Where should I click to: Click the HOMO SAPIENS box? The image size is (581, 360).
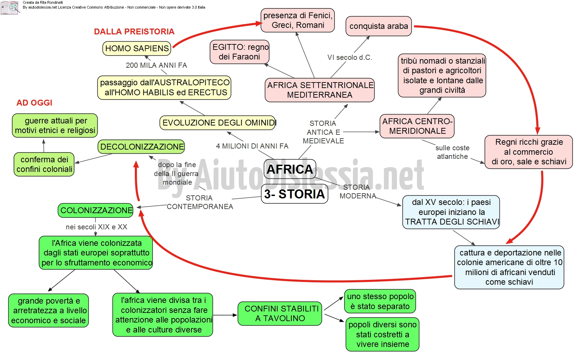[x=137, y=48]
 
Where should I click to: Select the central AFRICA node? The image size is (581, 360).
[x=290, y=169]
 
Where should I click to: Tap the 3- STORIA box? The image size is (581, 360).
[x=294, y=194]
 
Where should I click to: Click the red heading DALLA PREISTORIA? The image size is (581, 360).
[x=134, y=32]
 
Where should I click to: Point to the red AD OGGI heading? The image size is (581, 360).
[x=34, y=103]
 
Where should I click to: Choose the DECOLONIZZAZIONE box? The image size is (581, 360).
[x=141, y=147]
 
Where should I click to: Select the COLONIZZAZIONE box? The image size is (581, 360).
[x=96, y=210]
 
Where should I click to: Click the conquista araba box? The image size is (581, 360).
[x=379, y=26]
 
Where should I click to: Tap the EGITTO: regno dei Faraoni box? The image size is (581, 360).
[x=240, y=52]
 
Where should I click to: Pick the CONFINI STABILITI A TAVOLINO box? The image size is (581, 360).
[x=280, y=313]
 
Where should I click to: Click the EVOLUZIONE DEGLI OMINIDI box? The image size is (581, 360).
[x=218, y=123]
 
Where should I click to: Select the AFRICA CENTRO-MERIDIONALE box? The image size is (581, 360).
[x=417, y=126]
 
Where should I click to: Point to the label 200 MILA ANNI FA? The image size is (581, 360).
[x=157, y=65]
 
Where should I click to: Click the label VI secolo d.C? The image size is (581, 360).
[x=349, y=57]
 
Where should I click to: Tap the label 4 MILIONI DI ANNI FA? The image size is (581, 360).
[x=252, y=146]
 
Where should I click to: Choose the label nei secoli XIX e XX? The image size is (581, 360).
[x=96, y=227]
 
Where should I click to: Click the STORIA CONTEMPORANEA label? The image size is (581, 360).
[x=200, y=202]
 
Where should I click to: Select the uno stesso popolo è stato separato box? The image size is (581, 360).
[x=380, y=301]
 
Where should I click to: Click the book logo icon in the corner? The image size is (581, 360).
[x=10, y=8]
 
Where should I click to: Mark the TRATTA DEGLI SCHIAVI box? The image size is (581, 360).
[x=451, y=212]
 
